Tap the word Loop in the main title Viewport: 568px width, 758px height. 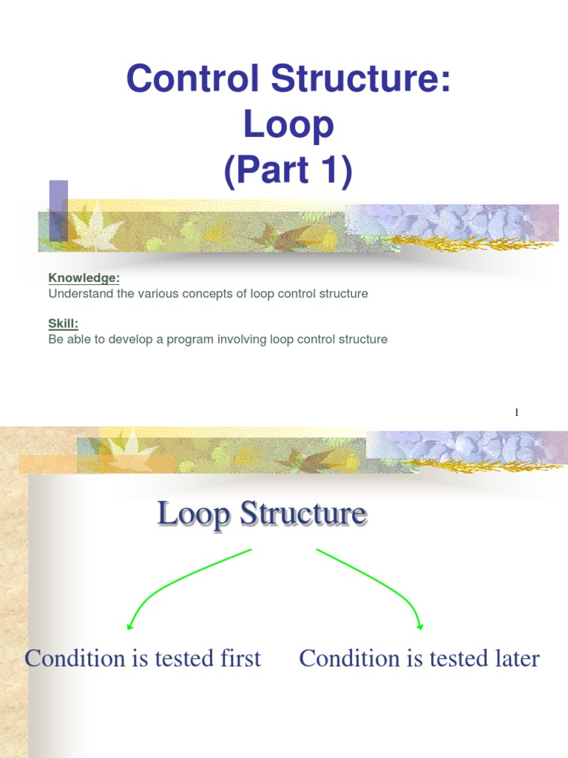point(288,125)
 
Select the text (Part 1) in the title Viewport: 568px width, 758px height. point(288,172)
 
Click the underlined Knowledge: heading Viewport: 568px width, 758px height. point(84,278)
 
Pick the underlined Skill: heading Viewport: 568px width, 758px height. point(64,324)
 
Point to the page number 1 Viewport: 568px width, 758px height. point(517,412)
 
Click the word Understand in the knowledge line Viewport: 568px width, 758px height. point(79,293)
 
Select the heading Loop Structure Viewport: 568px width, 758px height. point(262,514)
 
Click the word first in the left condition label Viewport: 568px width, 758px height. point(238,658)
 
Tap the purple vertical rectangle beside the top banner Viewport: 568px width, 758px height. point(58,210)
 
